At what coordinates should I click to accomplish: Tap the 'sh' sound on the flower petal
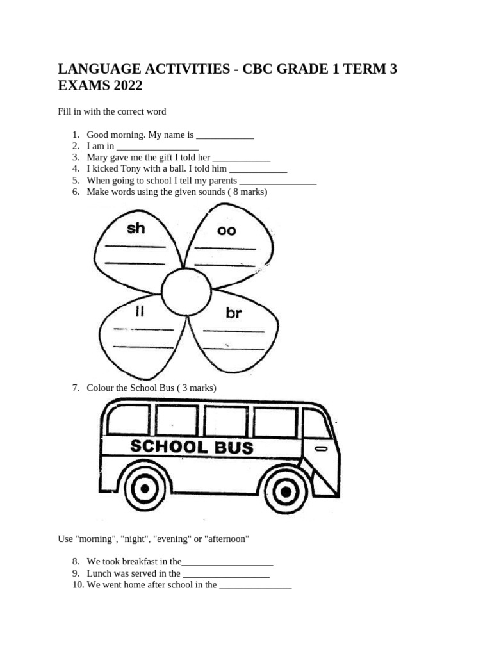(136, 228)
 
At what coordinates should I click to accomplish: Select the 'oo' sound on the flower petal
(226, 231)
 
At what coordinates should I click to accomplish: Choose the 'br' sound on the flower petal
(233, 313)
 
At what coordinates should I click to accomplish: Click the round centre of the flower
(186, 292)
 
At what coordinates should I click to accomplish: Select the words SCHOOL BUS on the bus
(192, 447)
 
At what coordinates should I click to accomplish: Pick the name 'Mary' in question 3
(97, 157)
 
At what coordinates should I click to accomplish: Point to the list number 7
(76, 388)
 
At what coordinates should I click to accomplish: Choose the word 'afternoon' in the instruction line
(227, 539)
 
